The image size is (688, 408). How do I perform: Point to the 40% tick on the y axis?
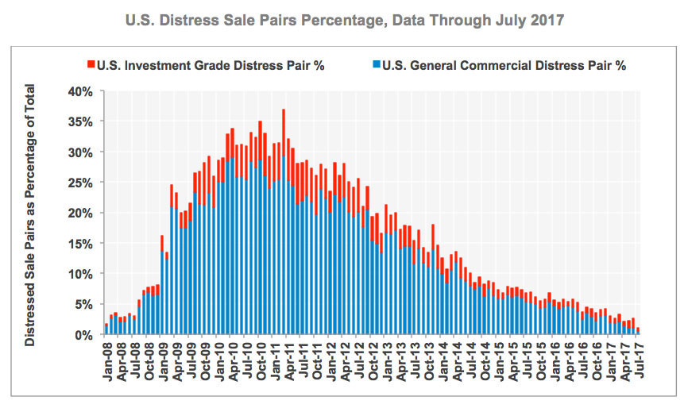pyautogui.click(x=83, y=91)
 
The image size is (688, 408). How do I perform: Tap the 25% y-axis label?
pyautogui.click(x=83, y=183)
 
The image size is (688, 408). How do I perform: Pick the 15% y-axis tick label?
pyautogui.click(x=83, y=244)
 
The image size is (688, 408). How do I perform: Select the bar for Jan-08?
pyautogui.click(x=106, y=329)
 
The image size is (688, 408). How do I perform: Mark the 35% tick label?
pyautogui.click(x=83, y=122)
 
